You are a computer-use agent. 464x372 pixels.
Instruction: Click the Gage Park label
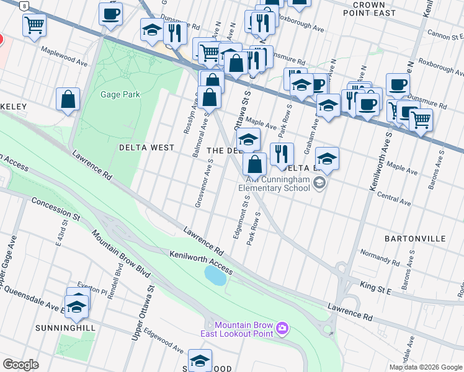point(120,95)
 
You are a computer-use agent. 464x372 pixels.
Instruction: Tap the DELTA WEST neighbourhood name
point(147,148)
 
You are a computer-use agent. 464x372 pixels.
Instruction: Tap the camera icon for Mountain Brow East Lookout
point(283,327)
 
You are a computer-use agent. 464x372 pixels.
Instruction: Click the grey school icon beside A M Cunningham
point(319,182)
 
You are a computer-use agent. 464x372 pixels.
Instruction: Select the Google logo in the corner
point(20,365)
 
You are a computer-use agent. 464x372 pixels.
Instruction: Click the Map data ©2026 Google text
point(426,367)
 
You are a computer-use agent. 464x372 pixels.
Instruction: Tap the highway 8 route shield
point(24,6)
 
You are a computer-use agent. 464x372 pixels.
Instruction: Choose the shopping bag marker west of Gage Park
point(68,99)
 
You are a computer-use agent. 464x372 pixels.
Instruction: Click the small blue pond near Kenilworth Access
point(215,275)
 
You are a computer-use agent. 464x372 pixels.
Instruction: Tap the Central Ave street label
point(394,197)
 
